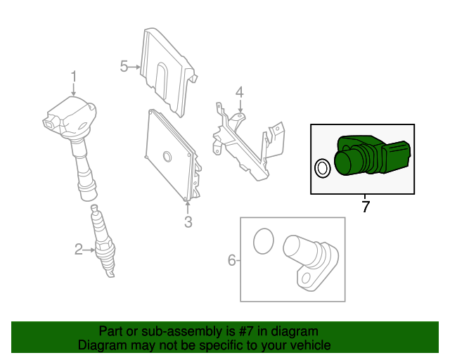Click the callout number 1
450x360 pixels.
click(74, 77)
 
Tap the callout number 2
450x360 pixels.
click(78, 250)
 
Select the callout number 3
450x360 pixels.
click(188, 222)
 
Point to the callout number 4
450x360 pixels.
click(240, 92)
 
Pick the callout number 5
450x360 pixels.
click(124, 66)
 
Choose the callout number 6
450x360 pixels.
click(232, 260)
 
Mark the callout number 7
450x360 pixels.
click(366, 207)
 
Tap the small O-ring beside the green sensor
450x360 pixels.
click(323, 168)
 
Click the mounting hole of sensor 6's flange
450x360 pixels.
click(307, 278)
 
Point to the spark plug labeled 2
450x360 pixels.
click(103, 240)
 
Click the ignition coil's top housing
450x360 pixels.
click(70, 116)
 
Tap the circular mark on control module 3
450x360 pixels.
click(167, 156)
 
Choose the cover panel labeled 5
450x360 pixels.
click(169, 72)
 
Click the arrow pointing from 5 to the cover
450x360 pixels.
click(134, 67)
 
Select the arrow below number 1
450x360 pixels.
click(74, 89)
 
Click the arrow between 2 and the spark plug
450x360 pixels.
click(89, 250)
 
